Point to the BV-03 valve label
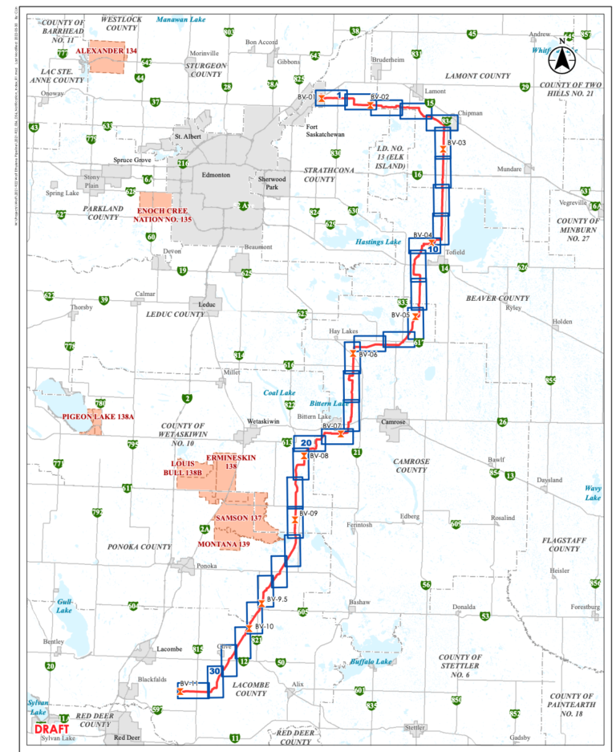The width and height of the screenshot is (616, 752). coord(455,142)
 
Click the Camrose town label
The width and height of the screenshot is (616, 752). coord(393,421)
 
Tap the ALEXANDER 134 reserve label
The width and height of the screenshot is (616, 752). coord(107,51)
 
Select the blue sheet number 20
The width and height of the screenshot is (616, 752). coord(306,442)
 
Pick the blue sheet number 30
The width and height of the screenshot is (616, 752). coord(214,670)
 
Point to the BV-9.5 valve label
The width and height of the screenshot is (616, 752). coord(277,600)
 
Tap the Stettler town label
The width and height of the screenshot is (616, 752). coord(414,727)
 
